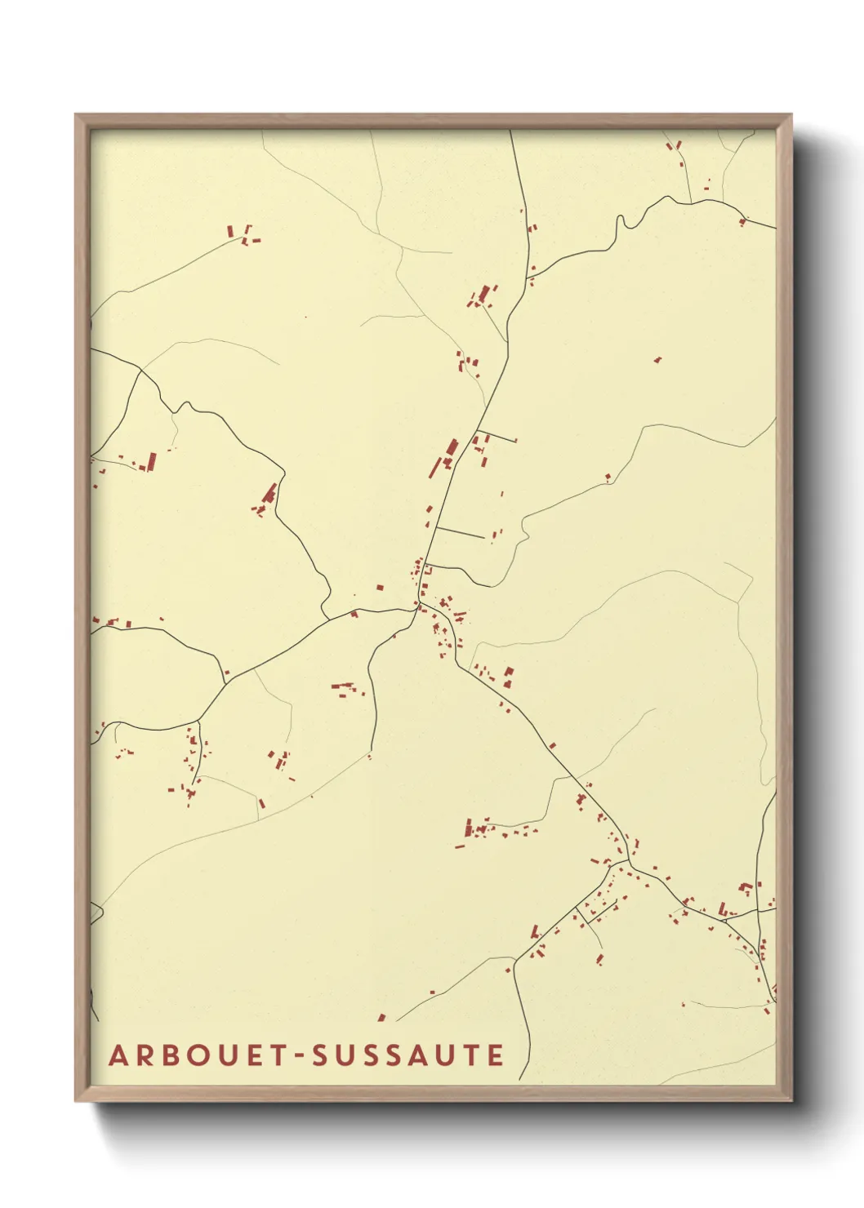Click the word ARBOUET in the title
pyautogui.click(x=197, y=1055)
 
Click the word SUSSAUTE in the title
pyautogui.click(x=408, y=1055)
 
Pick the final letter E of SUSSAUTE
pyautogui.click(x=496, y=1055)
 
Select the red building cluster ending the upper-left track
pyautogui.click(x=243, y=234)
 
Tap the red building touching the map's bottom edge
pyautogui.click(x=381, y=1018)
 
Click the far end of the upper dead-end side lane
pyautogui.click(x=516, y=442)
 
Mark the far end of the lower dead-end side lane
pyautogui.click(x=484, y=537)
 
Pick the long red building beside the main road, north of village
pyautogui.click(x=451, y=449)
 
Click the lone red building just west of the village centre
pyautogui.click(x=379, y=586)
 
